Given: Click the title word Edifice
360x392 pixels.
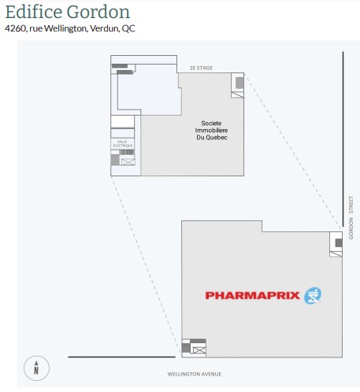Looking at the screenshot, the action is coord(34,12).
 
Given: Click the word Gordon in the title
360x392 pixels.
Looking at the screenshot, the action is coord(98,12).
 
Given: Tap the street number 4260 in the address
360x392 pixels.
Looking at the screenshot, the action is coord(15,28).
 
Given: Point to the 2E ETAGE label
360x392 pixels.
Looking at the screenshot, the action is coord(202,68).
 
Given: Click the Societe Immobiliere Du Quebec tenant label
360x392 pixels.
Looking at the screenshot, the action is coord(211,130).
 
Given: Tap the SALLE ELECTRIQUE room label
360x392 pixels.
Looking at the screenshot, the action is coord(123,143).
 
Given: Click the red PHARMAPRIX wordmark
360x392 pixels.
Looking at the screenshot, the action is coord(252,295).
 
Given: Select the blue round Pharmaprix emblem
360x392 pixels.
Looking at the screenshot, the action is coord(313,296).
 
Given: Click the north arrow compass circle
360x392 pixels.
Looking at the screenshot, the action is coord(36,368).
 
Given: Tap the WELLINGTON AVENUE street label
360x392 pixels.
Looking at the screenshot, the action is coord(195,374).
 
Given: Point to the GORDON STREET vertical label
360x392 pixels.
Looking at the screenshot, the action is coord(351,217).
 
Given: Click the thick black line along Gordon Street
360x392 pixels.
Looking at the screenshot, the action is coord(343,139).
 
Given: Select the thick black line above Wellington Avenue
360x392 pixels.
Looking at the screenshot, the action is coord(122,357).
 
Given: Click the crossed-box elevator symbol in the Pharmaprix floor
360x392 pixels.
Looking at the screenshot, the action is coord(199,350).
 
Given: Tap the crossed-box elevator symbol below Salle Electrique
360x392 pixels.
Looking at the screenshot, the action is coord(128,161).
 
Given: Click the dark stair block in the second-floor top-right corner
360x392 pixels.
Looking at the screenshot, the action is coord(239,83).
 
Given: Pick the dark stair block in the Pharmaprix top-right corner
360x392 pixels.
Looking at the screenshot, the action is coord(339,242).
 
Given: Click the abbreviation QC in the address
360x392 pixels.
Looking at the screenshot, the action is coord(128,28).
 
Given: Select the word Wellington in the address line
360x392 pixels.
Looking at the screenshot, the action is coord(65,28).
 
